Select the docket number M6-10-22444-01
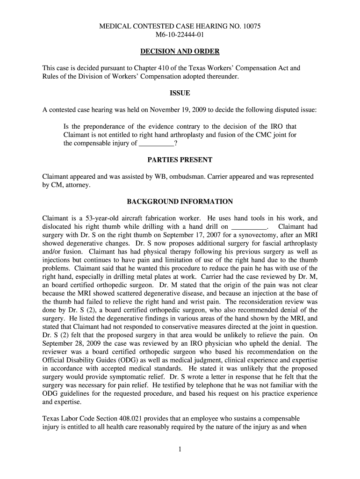tap(180, 35)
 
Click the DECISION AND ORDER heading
tap(180, 51)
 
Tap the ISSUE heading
tap(180, 94)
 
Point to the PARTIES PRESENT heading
tap(180, 160)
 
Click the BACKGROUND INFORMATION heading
tap(180, 202)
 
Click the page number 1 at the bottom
tap(180, 450)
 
